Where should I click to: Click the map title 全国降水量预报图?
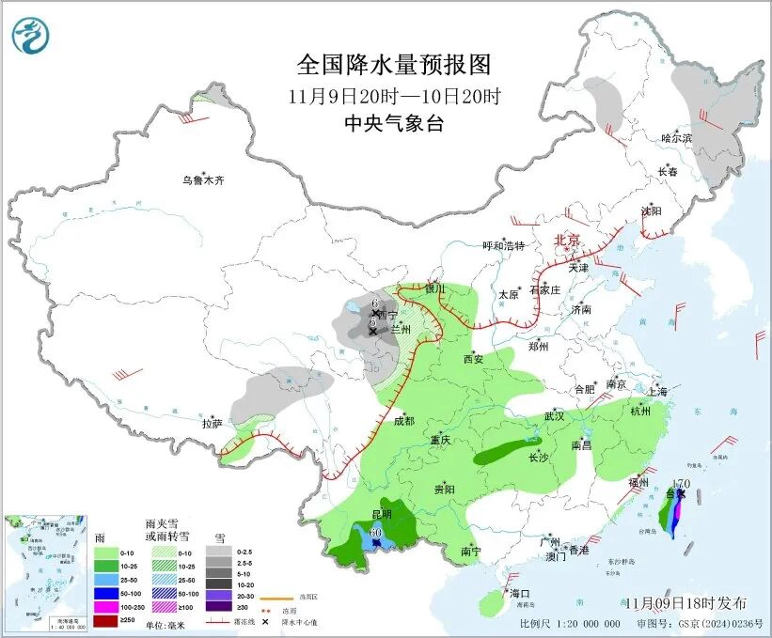[394, 65]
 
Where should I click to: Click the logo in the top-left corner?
[31, 36]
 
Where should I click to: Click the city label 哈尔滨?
[675, 138]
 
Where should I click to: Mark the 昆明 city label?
[381, 515]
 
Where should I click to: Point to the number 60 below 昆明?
[375, 534]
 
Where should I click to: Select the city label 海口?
[520, 594]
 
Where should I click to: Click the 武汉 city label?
[554, 415]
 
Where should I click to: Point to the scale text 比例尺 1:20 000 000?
[569, 624]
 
